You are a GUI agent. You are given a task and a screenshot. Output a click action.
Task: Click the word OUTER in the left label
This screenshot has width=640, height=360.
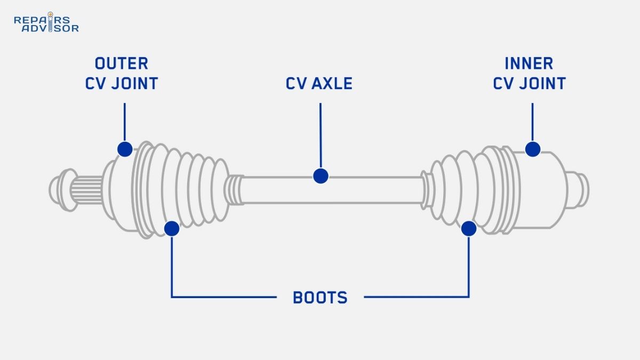122,63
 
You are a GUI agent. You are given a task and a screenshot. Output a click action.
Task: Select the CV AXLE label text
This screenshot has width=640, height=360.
319,84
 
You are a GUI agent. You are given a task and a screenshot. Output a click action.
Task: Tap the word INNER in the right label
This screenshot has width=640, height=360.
529,63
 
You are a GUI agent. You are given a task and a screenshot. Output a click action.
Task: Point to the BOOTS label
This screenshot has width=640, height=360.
320,298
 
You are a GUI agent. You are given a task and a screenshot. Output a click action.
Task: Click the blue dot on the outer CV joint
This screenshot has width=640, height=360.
124,149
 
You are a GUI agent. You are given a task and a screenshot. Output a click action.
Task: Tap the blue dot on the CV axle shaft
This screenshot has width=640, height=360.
320,175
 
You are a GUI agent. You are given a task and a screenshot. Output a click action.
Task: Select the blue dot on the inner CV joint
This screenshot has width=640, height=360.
532,149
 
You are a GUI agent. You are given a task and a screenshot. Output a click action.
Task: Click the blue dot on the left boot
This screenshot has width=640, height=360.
172,229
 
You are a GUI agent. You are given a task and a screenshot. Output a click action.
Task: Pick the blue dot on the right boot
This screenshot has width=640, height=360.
469,229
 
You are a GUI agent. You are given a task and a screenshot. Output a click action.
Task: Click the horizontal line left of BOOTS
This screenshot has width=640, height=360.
224,297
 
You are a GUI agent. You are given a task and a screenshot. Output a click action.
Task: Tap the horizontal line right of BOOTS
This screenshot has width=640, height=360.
416,297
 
